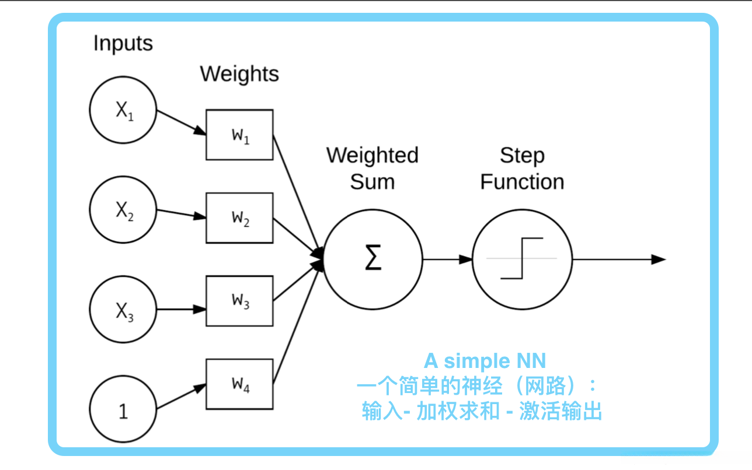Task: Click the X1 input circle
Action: tap(123, 110)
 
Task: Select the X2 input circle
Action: tap(123, 210)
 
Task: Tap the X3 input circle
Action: tap(123, 310)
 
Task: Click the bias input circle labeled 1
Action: tap(123, 410)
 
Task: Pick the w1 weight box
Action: tap(239, 135)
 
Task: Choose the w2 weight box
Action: tap(239, 218)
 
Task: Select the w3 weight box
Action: tap(239, 301)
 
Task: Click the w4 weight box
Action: tap(239, 384)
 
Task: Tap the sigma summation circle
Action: tap(372, 259)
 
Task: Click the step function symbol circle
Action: tap(521, 259)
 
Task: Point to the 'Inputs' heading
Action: tap(123, 44)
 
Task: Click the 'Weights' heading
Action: tap(239, 74)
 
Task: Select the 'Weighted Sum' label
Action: tap(372, 168)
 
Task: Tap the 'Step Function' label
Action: tap(522, 168)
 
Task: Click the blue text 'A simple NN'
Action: tap(485, 362)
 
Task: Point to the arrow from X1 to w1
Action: tap(181, 122)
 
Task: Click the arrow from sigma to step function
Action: tap(447, 259)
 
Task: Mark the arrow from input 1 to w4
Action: tap(181, 397)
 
